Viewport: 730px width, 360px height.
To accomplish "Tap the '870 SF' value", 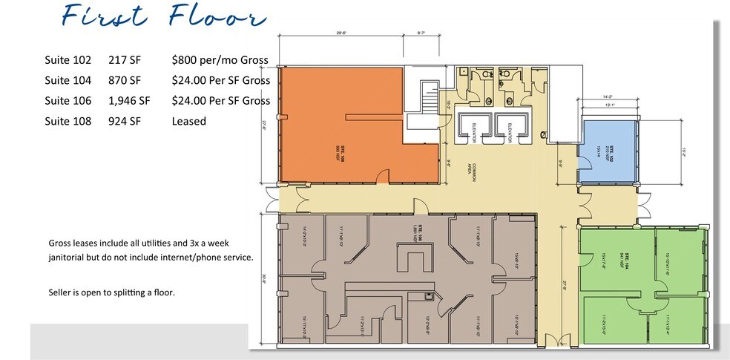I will pos(125,80).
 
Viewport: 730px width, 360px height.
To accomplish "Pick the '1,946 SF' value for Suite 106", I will pos(129,100).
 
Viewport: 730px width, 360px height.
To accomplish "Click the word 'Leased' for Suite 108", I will pos(188,120).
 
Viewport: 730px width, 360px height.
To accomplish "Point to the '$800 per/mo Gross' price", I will pos(220,60).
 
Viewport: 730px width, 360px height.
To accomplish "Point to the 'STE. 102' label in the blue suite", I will pos(613,152).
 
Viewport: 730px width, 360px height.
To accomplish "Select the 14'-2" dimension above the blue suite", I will pos(608,96).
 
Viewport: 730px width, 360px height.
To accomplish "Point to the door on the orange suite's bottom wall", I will pos(383,176).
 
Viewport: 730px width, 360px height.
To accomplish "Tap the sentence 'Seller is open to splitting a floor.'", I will pos(111,292).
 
